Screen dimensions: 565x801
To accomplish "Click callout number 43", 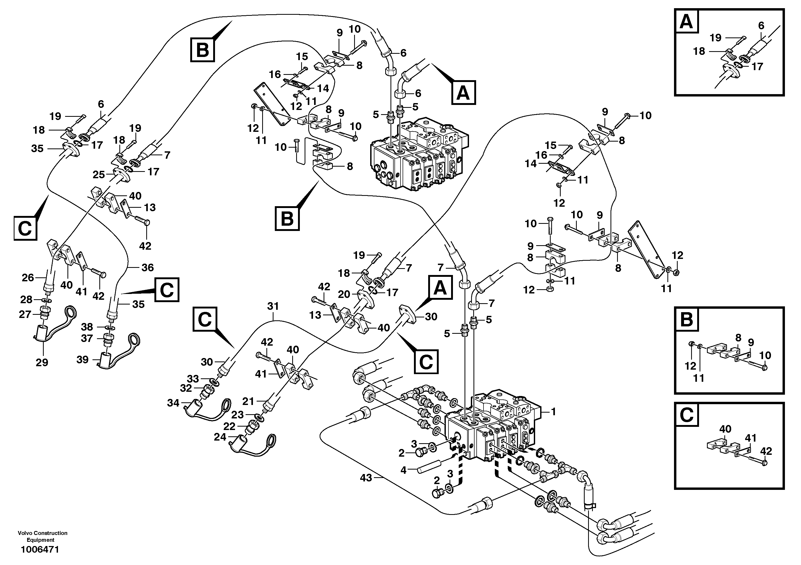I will (366, 478).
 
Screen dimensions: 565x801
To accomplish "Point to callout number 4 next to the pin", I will (403, 470).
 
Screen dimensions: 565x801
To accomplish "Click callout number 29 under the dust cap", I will (42, 363).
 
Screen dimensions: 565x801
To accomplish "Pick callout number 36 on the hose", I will (148, 267).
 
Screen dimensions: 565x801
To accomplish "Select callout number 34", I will (173, 403).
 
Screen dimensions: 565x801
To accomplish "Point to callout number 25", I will (99, 175).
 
